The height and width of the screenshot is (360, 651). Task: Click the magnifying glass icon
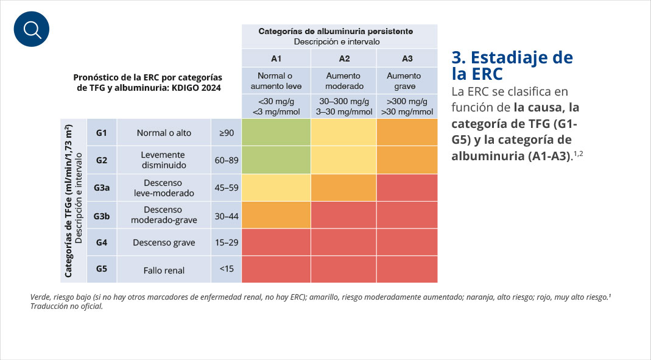click(x=31, y=29)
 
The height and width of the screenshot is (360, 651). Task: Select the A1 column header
click(x=276, y=58)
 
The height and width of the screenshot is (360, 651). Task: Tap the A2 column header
click(x=344, y=58)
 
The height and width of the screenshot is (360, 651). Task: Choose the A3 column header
click(x=407, y=58)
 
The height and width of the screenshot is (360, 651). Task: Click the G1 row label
click(x=101, y=132)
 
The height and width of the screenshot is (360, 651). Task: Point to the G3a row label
click(x=101, y=188)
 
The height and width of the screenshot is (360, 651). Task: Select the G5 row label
click(x=101, y=269)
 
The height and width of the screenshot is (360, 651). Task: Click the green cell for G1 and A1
click(x=276, y=132)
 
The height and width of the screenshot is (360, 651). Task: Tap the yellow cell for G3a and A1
click(x=276, y=188)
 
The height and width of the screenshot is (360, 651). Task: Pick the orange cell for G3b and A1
click(x=276, y=214)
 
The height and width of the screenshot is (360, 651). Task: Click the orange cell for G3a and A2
click(x=344, y=188)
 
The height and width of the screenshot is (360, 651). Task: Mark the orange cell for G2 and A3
click(x=407, y=160)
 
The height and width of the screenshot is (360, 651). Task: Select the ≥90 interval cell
click(x=226, y=132)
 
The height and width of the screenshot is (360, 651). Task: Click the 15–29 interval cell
click(x=226, y=242)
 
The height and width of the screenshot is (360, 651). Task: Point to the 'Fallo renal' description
click(x=164, y=270)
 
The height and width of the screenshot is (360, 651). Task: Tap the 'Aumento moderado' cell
click(x=344, y=81)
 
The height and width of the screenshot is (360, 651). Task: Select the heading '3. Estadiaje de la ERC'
click(x=512, y=66)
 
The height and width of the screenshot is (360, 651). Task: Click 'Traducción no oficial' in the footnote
click(x=66, y=306)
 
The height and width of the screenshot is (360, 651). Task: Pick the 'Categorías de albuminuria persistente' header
click(x=336, y=31)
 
